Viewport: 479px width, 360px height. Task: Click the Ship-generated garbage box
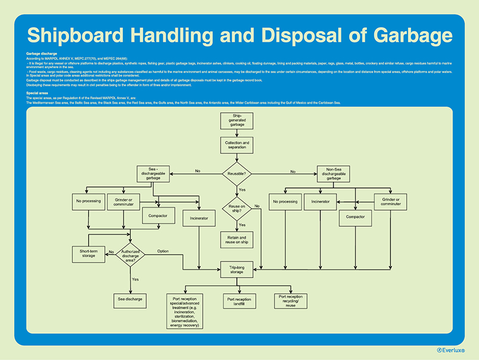point(237,121)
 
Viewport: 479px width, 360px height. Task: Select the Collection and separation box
point(237,145)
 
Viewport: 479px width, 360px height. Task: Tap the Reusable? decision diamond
point(237,174)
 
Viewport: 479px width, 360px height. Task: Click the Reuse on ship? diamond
point(237,208)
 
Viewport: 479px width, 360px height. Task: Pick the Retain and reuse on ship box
point(237,240)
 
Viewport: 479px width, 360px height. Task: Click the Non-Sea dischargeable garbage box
point(333,174)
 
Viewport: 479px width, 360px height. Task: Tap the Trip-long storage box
point(237,269)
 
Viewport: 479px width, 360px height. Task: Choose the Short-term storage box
point(88,254)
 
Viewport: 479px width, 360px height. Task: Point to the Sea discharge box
point(129,299)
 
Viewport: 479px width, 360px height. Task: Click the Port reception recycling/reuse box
point(291,301)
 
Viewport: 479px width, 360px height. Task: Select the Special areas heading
point(37,94)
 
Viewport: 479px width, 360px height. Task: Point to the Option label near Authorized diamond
point(163,251)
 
